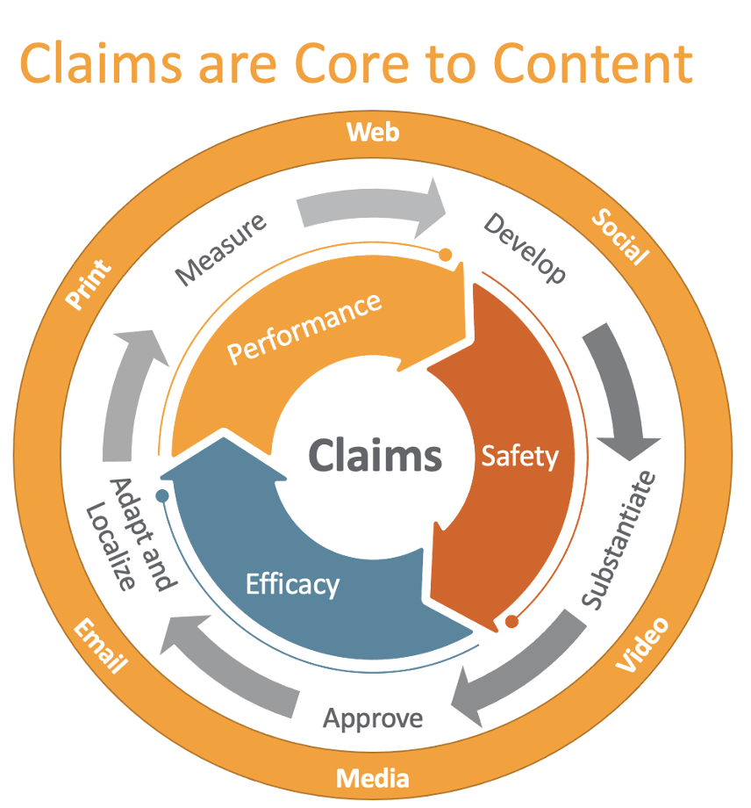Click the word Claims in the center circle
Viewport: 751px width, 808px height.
pyautogui.click(x=375, y=456)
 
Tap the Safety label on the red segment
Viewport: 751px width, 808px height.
pyautogui.click(x=519, y=456)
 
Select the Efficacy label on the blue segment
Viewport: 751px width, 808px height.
pyautogui.click(x=292, y=583)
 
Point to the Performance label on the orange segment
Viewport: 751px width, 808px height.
pyautogui.click(x=304, y=327)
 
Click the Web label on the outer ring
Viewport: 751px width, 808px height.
pyautogui.click(x=373, y=133)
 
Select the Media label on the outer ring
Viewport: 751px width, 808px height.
pyautogui.click(x=373, y=778)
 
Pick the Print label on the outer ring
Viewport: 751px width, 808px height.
pyautogui.click(x=89, y=285)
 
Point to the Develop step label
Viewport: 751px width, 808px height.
pyautogui.click(x=525, y=248)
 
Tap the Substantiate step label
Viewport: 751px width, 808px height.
pyautogui.click(x=619, y=540)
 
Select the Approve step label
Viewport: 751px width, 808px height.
pyautogui.click(x=373, y=718)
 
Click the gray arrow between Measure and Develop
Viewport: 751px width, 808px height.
pyautogui.click(x=371, y=206)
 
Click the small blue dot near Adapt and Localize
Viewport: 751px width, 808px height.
pyautogui.click(x=161, y=496)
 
